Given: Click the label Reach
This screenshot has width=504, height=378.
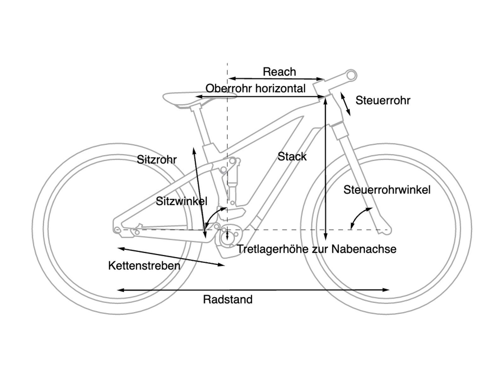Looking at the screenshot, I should (x=279, y=72).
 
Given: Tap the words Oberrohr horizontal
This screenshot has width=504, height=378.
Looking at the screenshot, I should (x=255, y=89).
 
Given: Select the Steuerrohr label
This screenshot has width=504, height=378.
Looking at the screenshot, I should (x=383, y=100).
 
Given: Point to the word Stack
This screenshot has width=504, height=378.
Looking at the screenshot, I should (x=292, y=157).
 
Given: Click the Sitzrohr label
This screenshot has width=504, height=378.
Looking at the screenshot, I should (x=157, y=160).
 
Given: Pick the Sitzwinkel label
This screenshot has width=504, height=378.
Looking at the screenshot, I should (x=181, y=201).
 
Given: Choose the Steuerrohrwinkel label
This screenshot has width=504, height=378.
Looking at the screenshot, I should (x=387, y=190).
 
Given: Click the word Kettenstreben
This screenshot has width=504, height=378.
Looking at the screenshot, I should (x=144, y=266).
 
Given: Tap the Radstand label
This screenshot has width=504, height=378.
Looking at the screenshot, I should (x=228, y=299).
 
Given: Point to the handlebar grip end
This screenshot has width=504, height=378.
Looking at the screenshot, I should (x=352, y=75).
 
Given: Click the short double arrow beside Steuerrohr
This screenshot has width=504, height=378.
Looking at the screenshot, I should (x=345, y=104).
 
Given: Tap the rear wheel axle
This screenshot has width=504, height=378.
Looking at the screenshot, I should (x=117, y=230).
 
